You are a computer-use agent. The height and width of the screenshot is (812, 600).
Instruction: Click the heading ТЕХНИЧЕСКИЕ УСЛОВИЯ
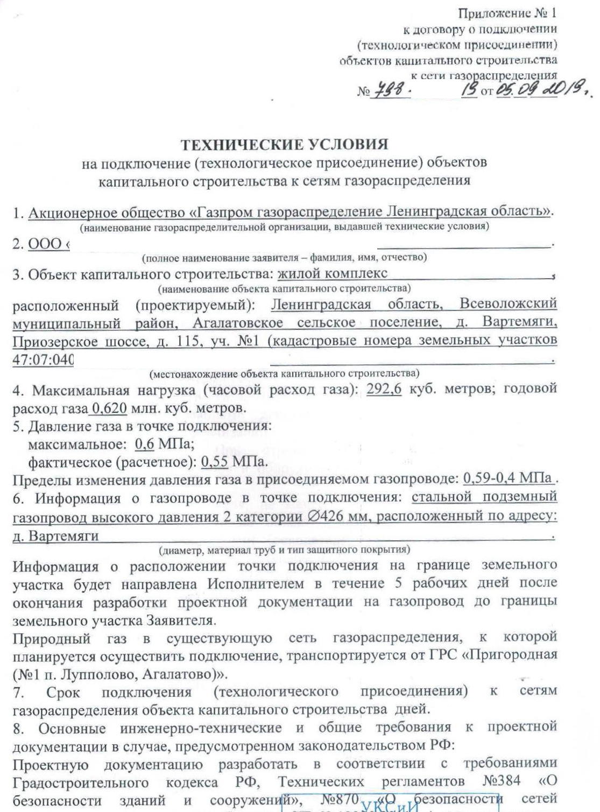pyautogui.click(x=284, y=145)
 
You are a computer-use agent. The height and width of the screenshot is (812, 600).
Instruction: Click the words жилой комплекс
pyautogui.click(x=332, y=274)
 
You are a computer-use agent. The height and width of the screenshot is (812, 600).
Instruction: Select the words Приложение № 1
pyautogui.click(x=507, y=15)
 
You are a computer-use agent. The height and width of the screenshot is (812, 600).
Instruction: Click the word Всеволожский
pyautogui.click(x=508, y=304)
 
